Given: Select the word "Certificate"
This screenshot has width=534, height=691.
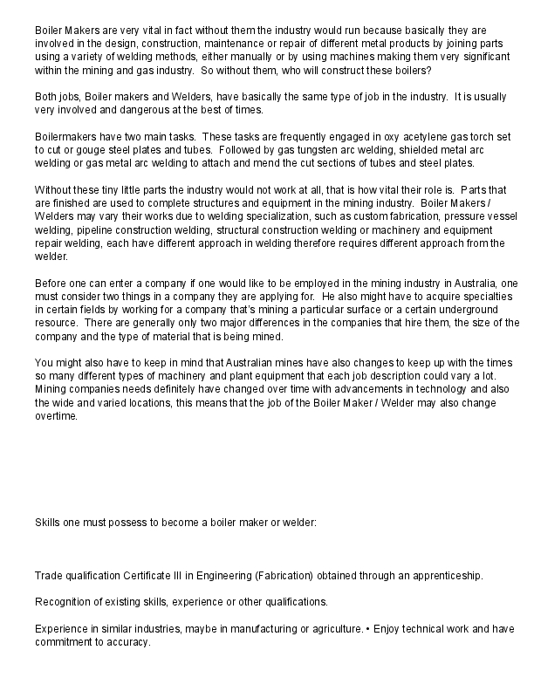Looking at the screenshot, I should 174,577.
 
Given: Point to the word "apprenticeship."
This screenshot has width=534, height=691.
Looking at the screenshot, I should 442,577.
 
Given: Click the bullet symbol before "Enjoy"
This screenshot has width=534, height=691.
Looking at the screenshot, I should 367,628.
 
